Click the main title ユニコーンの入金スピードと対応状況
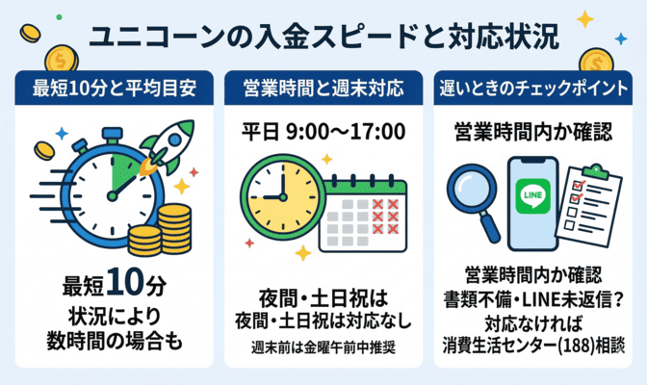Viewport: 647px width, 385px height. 323,38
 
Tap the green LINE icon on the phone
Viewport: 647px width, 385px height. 531,193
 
